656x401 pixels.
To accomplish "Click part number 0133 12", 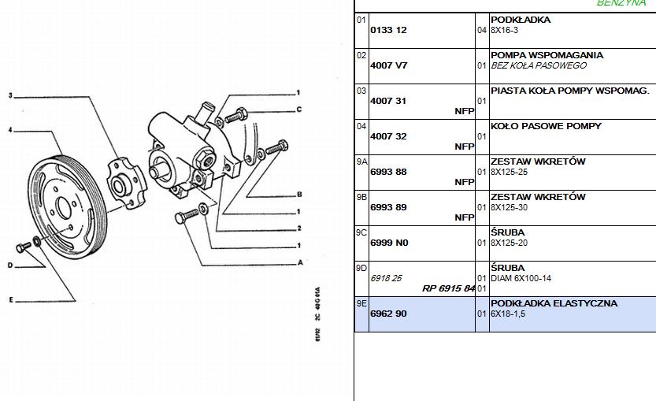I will pos(388,30).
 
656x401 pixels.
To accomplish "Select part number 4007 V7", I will pos(388,65).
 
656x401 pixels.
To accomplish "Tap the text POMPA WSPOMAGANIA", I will pos(547,55).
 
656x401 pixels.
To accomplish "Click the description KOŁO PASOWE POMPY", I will pos(546,126).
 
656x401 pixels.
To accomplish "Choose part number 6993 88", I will pos(389,172).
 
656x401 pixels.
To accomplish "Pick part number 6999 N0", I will pos(389,243).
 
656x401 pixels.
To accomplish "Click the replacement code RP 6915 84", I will pos(448,288).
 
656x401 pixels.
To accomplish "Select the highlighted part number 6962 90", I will pos(389,314).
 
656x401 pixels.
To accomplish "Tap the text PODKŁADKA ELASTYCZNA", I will pos(554,303).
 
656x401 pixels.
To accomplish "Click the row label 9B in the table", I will pos(361,197).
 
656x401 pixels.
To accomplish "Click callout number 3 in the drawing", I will pos(10,96).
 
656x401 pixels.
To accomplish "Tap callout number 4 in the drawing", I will pos(10,129).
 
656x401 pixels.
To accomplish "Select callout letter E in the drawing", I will pos(10,299).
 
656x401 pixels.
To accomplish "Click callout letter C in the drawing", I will pos(299,110).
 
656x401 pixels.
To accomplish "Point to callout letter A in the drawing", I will pos(299,262).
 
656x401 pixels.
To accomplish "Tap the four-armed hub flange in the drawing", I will pos(122,184).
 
